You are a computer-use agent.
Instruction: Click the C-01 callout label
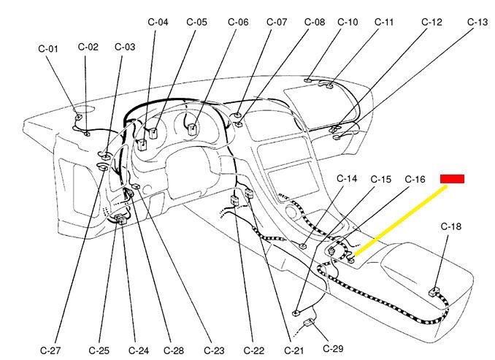(48, 49)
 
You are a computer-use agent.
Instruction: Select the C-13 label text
(477, 22)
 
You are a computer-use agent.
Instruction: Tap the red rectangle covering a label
(452, 179)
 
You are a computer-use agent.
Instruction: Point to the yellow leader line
(400, 220)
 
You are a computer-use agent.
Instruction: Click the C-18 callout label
(450, 226)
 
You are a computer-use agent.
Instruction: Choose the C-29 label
(333, 348)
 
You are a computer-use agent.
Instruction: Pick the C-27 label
(50, 351)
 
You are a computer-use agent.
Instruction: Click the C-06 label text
(238, 22)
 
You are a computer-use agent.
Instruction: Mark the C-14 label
(347, 178)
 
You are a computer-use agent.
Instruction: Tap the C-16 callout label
(415, 179)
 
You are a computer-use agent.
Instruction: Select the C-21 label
(294, 351)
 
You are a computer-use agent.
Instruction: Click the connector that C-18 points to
(434, 292)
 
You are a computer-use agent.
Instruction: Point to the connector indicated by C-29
(309, 323)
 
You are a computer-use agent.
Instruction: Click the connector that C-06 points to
(192, 129)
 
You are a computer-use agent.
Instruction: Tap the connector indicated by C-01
(78, 117)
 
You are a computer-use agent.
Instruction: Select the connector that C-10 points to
(308, 80)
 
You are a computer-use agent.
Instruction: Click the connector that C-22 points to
(235, 200)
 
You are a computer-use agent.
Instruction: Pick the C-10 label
(348, 22)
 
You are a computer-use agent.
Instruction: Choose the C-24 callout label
(139, 351)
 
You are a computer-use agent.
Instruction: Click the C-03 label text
(125, 47)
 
